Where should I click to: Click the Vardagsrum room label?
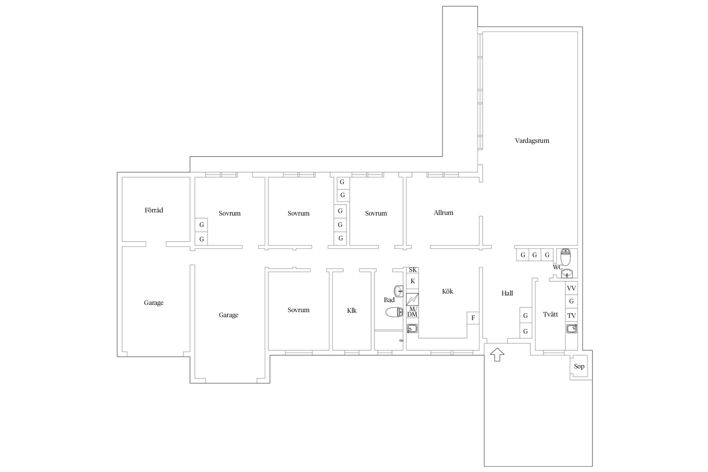(x=532, y=140)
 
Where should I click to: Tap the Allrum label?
(x=443, y=213)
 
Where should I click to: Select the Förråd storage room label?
(x=154, y=210)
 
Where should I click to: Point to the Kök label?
(x=447, y=291)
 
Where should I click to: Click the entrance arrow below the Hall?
(x=497, y=354)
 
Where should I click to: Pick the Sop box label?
(x=579, y=366)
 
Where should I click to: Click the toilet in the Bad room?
(x=394, y=312)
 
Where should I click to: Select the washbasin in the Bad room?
(x=398, y=291)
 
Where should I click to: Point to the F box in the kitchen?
(x=473, y=318)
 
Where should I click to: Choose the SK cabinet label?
(x=413, y=270)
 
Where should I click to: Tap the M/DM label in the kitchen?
(x=412, y=312)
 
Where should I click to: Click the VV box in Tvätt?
(x=571, y=288)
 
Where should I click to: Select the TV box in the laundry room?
(x=571, y=315)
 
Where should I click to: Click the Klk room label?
(x=351, y=311)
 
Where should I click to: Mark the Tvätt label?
(x=551, y=315)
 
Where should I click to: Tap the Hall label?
(x=507, y=293)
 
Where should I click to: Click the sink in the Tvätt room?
(x=571, y=328)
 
